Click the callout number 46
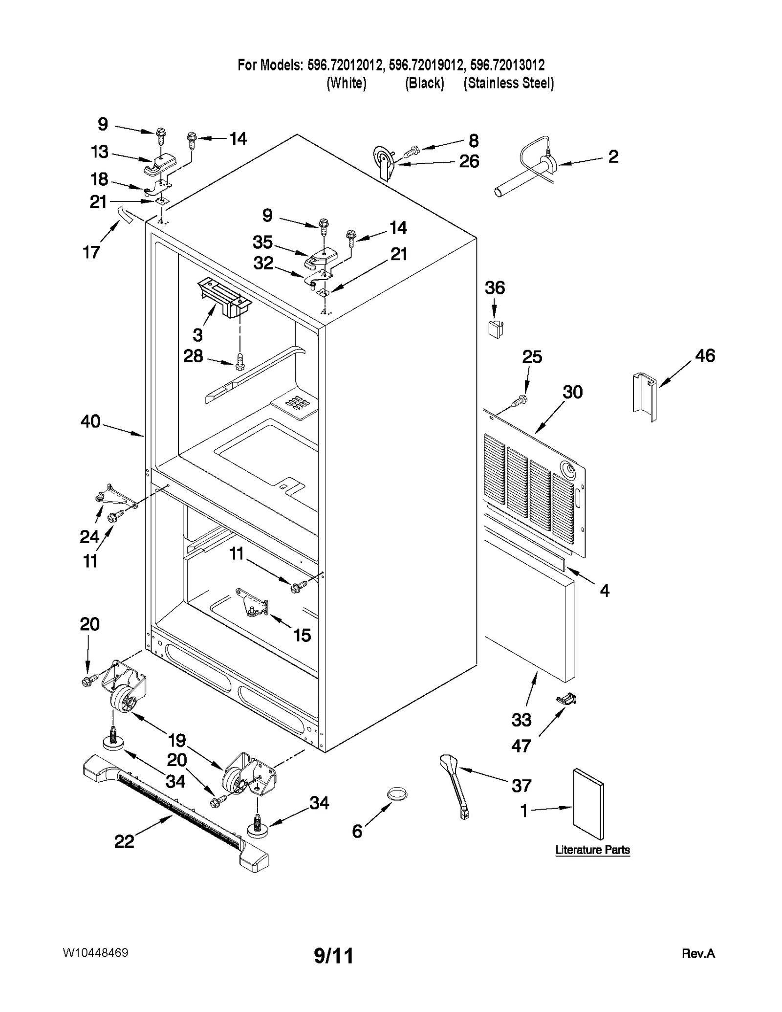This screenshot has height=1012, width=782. [x=705, y=355]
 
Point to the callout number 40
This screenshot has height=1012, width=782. [x=90, y=421]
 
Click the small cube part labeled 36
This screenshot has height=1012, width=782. [x=496, y=329]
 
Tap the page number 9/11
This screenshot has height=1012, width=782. [x=333, y=955]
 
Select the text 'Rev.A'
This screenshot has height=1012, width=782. [x=698, y=953]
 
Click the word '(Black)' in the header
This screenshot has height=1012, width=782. [x=424, y=83]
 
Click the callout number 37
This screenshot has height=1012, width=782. [x=521, y=785]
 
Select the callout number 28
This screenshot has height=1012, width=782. [x=193, y=356]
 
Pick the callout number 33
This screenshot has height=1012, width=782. [x=521, y=720]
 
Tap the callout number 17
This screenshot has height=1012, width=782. [x=91, y=252]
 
